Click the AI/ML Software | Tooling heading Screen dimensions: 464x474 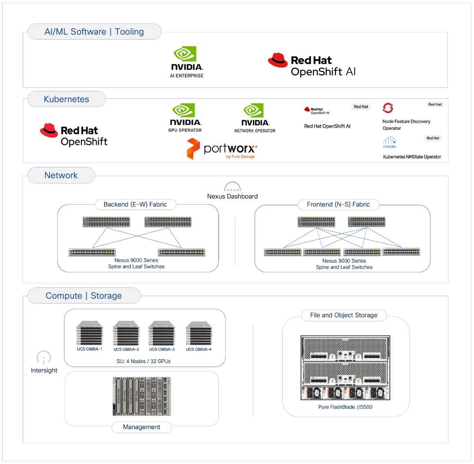(94, 32)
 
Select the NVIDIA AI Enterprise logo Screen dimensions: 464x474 (186, 62)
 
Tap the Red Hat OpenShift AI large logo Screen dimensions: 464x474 (312, 66)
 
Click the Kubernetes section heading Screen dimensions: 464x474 (66, 99)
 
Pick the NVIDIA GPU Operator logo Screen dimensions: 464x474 (185, 117)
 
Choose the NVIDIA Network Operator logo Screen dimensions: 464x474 (255, 118)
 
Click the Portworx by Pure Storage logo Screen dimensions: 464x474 (222, 149)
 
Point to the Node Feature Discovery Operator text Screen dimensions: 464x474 (406, 125)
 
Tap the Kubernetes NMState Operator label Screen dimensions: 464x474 (412, 157)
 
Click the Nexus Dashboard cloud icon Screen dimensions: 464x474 (232, 187)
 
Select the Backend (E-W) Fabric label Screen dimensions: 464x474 (135, 204)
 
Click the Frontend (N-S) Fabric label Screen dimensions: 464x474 (338, 204)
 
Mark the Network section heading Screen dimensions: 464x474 (61, 176)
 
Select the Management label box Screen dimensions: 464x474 (141, 427)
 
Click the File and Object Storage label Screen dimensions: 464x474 (343, 315)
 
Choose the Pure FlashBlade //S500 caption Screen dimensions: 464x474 (345, 407)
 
